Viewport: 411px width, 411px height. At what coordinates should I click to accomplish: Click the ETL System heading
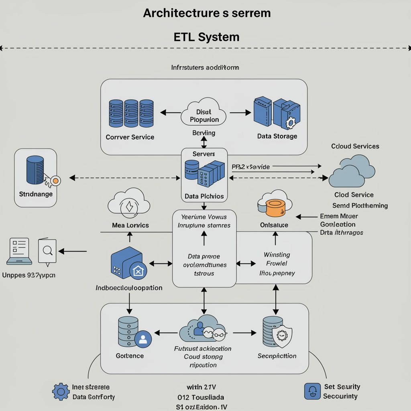[207, 37]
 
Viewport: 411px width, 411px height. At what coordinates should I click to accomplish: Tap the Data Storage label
[277, 136]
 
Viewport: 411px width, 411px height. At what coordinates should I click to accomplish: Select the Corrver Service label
[130, 137]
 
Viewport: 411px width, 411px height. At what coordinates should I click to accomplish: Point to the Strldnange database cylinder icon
[35, 170]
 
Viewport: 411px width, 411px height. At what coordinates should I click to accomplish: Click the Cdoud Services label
[355, 146]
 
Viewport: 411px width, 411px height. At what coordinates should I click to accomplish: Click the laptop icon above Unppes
[19, 251]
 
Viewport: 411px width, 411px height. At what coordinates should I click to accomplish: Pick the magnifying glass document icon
[47, 251]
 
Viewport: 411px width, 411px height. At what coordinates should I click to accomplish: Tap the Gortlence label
[130, 356]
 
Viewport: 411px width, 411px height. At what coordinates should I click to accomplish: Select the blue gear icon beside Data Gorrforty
[61, 391]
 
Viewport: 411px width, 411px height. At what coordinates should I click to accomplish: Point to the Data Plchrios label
[204, 197]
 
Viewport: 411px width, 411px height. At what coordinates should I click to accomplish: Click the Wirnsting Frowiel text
[277, 259]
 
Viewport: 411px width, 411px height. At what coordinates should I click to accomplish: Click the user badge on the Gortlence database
[142, 340]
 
